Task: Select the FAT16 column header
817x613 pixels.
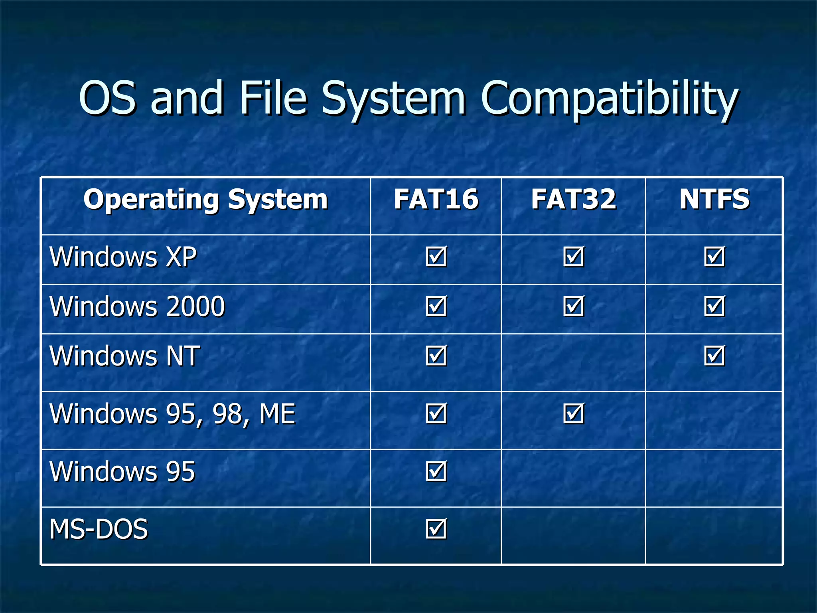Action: tap(436, 199)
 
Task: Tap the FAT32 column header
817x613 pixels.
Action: tap(573, 199)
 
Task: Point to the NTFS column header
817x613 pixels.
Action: tap(714, 199)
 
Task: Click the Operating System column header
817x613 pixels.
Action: tap(205, 199)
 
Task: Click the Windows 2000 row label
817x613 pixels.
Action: tap(137, 306)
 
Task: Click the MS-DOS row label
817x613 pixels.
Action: tap(98, 529)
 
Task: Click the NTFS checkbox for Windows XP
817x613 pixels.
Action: tap(714, 257)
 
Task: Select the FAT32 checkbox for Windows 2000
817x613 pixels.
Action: tap(573, 306)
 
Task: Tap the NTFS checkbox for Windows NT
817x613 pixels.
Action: tap(714, 356)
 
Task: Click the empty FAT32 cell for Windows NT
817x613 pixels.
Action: tap(573, 362)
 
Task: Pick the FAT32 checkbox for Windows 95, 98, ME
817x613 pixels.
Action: tap(573, 413)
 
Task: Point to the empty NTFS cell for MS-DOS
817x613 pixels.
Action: tap(714, 536)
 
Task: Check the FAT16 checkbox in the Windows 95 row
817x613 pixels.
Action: tap(436, 471)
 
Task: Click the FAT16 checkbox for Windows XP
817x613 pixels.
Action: tap(436, 257)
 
